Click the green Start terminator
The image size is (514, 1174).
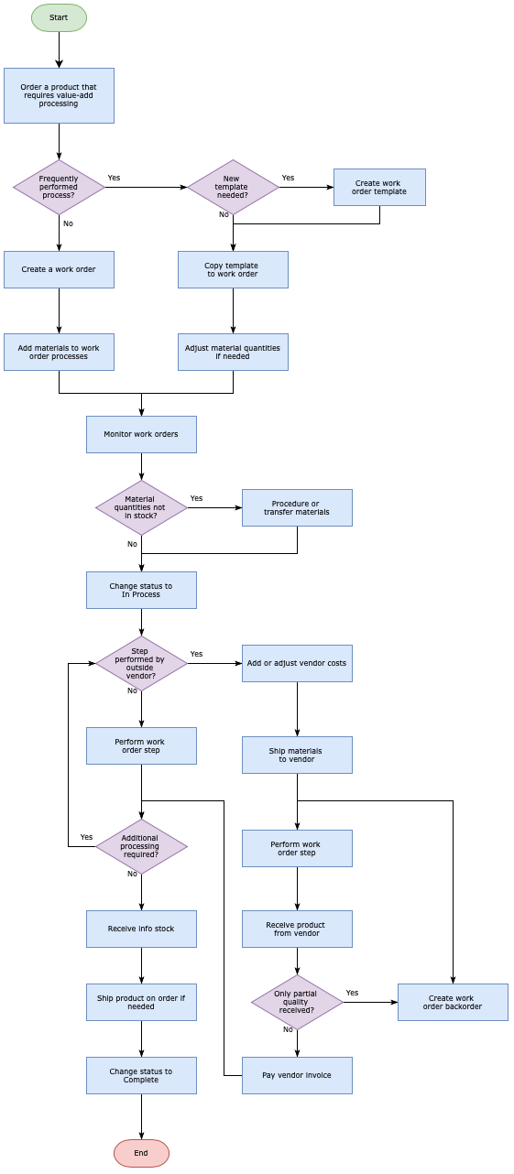click(x=59, y=17)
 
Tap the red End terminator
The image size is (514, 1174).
click(x=141, y=1153)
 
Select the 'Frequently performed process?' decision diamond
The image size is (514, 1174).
click(x=59, y=187)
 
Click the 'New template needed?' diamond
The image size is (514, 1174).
click(x=233, y=187)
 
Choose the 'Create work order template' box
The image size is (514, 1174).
click(x=379, y=187)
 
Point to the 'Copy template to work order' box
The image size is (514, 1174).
click(x=233, y=269)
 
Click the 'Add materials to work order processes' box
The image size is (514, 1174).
click(x=59, y=352)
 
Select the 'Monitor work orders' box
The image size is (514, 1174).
click(x=141, y=434)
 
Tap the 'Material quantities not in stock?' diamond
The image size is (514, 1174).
click(x=141, y=507)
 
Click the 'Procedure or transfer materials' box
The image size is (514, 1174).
click(x=297, y=507)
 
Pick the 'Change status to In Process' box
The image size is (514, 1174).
click(x=141, y=590)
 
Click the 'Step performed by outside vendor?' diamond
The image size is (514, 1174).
click(x=141, y=663)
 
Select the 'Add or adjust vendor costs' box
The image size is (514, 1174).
click(x=297, y=663)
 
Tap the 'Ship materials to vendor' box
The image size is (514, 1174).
click(x=297, y=755)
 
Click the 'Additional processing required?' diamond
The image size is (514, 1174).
click(x=141, y=846)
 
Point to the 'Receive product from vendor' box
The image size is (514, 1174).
click(x=297, y=929)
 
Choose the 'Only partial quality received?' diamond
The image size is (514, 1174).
click(x=297, y=1002)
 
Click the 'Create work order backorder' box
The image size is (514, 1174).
click(x=453, y=1002)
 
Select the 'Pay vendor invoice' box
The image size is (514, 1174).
click(x=297, y=1075)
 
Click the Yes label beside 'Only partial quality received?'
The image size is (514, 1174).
click(x=352, y=993)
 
